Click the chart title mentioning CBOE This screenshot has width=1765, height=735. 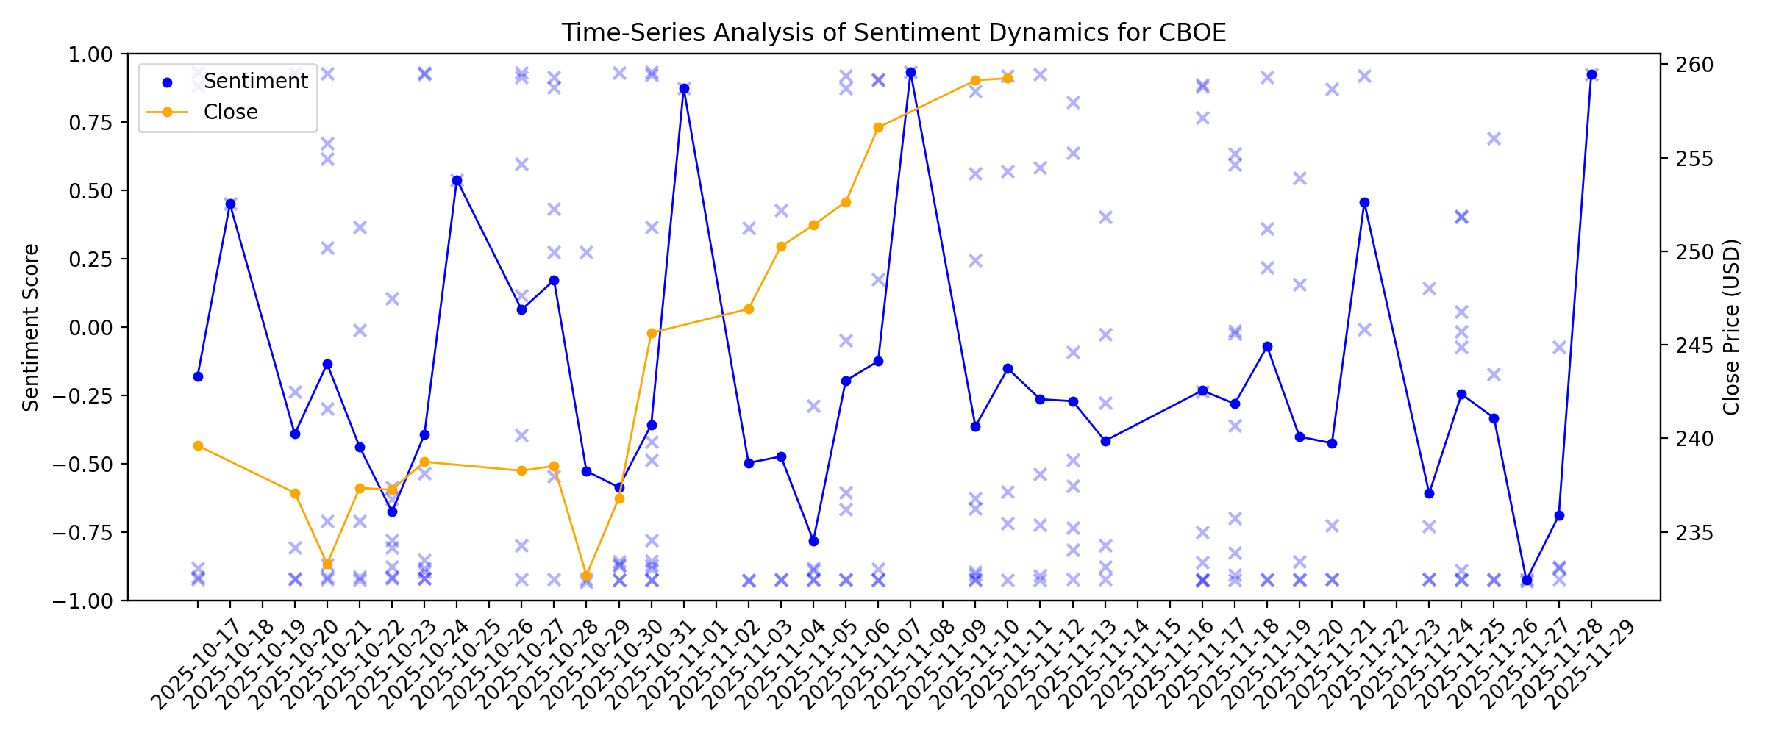coord(894,33)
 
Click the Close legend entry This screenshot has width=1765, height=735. coord(230,112)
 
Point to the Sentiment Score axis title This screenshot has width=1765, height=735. coord(30,327)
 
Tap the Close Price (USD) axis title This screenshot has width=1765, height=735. coord(1732,327)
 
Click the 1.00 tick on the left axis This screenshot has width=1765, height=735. coord(90,54)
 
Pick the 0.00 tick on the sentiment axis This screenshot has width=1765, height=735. coord(90,328)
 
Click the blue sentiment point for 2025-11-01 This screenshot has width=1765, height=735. coord(684,89)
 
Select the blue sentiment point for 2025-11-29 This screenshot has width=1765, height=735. coord(1591,75)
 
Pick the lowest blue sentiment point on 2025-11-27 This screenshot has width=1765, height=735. coord(1527,581)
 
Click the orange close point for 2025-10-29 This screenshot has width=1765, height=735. coord(586,576)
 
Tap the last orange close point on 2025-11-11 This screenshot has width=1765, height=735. coord(1008,78)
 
